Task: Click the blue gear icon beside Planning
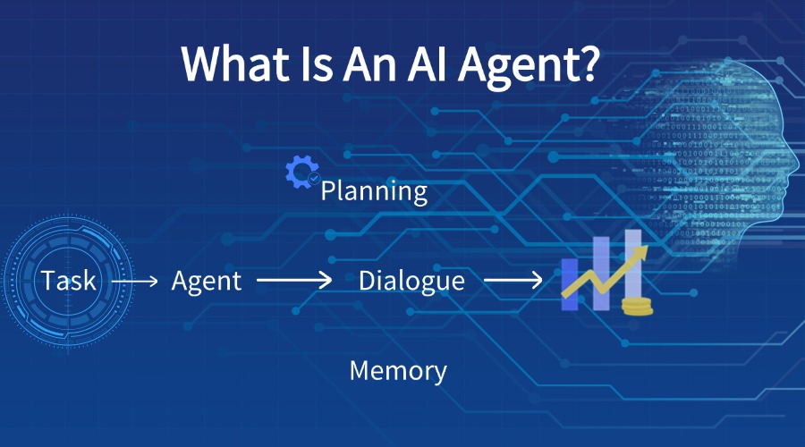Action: (x=301, y=171)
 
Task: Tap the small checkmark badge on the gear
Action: (x=314, y=179)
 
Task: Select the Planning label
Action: (x=374, y=190)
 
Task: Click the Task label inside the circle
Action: (x=68, y=281)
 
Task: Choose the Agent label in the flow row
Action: (x=207, y=281)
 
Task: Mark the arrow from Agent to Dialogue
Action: (x=294, y=282)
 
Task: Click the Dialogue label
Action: (x=411, y=281)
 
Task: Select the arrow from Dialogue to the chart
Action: (x=513, y=282)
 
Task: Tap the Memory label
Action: (x=398, y=370)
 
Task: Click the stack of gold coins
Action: (x=636, y=307)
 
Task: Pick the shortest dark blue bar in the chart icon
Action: (x=570, y=283)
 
